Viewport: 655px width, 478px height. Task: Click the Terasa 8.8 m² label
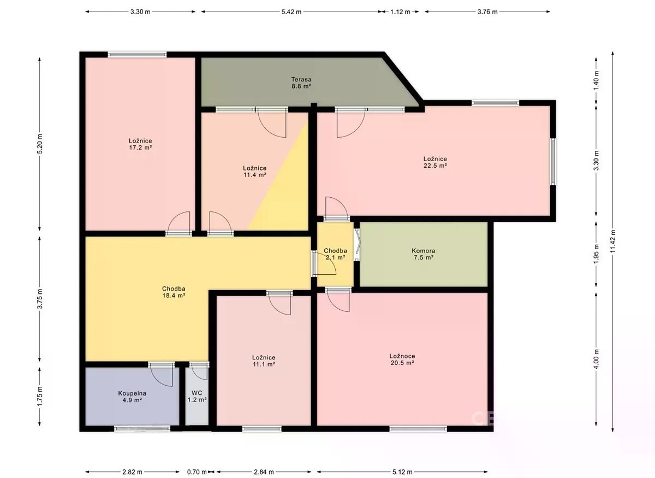[301, 82]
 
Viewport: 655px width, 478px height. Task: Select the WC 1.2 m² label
[197, 397]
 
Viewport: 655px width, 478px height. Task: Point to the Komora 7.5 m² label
[424, 254]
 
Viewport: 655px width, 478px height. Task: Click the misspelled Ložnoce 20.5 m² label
[402, 359]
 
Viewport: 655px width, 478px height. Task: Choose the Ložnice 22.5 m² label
[435, 162]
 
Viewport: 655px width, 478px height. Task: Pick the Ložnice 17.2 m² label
[140, 144]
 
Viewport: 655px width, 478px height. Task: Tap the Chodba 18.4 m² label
[174, 292]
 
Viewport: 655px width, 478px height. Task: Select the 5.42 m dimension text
[291, 11]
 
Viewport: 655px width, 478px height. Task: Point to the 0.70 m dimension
[197, 472]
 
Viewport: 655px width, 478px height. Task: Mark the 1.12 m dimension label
[400, 11]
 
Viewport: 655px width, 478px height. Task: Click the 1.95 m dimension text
[597, 253]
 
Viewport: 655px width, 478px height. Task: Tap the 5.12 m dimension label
[402, 472]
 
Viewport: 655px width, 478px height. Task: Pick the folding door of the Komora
[357, 245]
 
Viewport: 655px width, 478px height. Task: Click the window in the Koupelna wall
[142, 428]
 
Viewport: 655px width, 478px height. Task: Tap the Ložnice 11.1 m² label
[264, 361]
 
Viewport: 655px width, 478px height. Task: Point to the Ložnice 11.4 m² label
[255, 172]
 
